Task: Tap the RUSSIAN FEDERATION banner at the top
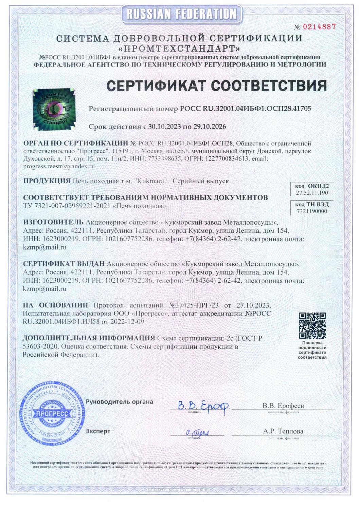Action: point(180,14)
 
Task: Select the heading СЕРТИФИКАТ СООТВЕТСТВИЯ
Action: point(217,86)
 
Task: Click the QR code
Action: point(312,326)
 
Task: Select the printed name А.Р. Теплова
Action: point(283,431)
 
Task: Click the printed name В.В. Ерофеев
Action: point(283,406)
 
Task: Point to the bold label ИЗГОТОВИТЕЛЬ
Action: point(53,222)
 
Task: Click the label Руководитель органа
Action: point(120,402)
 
